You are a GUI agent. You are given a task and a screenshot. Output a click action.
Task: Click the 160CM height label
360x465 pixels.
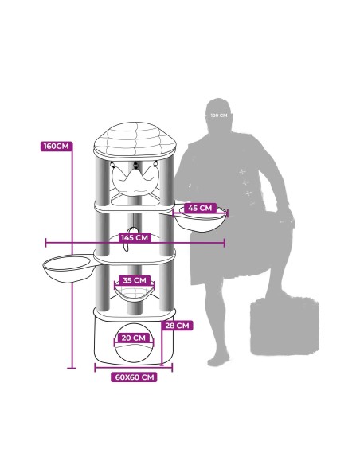(x=57, y=147)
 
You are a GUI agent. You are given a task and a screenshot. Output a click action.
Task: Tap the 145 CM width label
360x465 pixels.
(x=135, y=238)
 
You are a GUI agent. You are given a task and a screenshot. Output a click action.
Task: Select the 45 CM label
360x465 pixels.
(x=200, y=208)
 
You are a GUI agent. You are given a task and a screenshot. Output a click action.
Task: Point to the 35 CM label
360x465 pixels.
(x=135, y=280)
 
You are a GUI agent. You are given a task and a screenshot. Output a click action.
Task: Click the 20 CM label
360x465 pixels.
(x=134, y=338)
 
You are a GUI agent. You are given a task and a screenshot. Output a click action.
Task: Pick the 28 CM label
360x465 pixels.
(x=177, y=326)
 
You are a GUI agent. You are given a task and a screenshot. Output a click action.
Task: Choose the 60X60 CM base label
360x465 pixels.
(x=135, y=377)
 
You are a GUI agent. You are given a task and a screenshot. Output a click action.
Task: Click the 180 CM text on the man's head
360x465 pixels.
(x=219, y=115)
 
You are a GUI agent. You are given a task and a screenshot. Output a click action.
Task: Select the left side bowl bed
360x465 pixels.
(x=69, y=268)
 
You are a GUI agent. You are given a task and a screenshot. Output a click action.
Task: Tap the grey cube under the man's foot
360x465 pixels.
(x=284, y=326)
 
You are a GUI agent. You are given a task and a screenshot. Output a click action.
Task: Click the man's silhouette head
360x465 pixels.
(x=218, y=114)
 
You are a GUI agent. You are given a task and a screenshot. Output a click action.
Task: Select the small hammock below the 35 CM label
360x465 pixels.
(x=135, y=294)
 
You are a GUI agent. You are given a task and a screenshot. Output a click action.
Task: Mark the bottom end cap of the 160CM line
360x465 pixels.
(x=72, y=369)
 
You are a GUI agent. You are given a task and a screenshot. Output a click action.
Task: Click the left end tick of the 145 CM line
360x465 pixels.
(x=45, y=243)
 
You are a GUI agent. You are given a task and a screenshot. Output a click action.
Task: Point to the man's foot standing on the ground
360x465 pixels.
(x=218, y=361)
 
